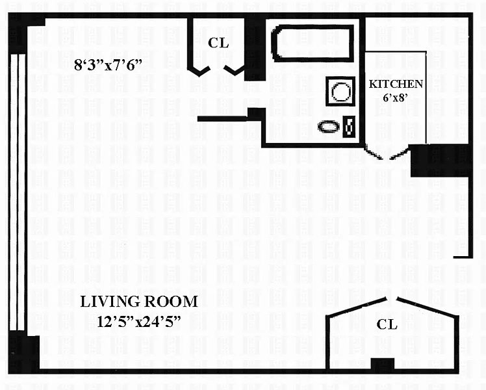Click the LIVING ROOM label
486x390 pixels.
139,302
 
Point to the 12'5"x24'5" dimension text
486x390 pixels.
138,322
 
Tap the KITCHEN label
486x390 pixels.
396,84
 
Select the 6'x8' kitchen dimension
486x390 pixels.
394,97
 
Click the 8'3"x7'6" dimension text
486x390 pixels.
108,65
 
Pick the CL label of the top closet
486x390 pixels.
218,43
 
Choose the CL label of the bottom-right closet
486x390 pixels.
387,324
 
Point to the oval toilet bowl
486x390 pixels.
329,127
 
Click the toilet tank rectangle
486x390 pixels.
349,127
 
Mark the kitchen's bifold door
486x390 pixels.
387,154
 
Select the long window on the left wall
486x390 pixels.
18,192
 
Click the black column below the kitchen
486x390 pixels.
439,161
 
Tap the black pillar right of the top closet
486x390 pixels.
255,48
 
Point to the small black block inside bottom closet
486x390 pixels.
383,363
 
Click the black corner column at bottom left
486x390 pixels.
23,352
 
